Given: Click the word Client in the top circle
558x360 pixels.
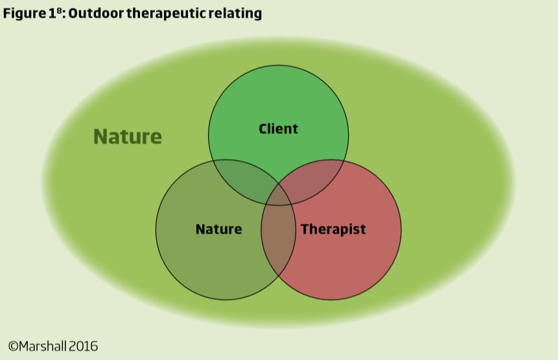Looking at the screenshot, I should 278,128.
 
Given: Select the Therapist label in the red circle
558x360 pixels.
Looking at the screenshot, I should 333,229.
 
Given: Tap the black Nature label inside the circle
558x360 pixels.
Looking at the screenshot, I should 218,229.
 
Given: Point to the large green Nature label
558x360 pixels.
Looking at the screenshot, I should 128,137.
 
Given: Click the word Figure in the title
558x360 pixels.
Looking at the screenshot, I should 21,14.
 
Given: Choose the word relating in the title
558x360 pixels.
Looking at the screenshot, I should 237,14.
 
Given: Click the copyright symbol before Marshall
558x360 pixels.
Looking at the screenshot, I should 13,346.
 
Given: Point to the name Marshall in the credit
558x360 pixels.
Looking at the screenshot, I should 43,346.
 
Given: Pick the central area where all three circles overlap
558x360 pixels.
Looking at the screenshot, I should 278,195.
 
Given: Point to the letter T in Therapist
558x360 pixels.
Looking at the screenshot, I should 304,229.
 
